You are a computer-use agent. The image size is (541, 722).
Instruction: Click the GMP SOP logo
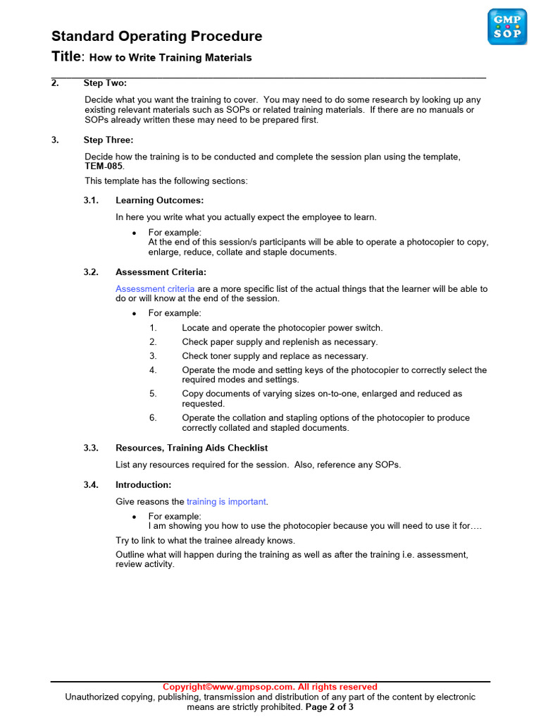(x=507, y=27)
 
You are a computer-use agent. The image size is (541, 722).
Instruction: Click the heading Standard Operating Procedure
(x=156, y=36)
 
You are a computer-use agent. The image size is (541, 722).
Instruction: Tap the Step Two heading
(x=105, y=83)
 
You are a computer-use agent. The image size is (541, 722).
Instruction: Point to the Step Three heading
(x=108, y=140)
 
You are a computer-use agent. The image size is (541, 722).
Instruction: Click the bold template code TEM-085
(x=104, y=166)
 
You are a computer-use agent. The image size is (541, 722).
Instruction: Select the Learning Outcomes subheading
(x=159, y=200)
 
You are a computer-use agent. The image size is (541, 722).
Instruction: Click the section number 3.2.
(x=91, y=272)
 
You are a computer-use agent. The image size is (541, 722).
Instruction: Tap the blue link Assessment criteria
(x=155, y=289)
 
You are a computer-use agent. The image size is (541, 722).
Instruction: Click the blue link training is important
(x=226, y=502)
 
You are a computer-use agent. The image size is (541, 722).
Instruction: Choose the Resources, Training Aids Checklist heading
(x=192, y=448)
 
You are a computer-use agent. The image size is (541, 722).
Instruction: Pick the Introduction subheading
(x=143, y=485)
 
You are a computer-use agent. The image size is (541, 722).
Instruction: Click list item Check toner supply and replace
(x=275, y=356)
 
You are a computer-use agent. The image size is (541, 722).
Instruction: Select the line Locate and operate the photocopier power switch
(x=282, y=328)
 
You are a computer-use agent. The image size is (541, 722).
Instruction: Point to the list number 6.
(x=153, y=418)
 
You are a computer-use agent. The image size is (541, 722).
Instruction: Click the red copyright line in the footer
(x=270, y=687)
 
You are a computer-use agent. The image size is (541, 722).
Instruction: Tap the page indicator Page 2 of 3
(x=329, y=706)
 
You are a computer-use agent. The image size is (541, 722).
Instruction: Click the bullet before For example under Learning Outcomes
(x=134, y=233)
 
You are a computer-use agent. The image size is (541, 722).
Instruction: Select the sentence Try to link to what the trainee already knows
(x=205, y=541)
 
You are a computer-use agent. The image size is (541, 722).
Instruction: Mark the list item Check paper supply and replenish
(x=280, y=342)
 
